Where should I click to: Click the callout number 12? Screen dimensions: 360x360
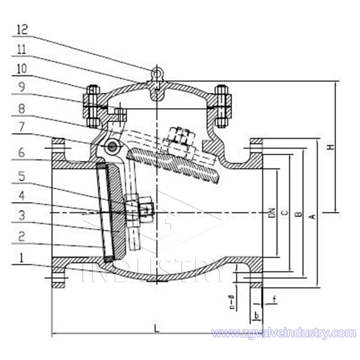[22, 30]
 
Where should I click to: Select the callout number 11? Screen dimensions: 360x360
[22, 49]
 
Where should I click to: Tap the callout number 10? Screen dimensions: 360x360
[22, 69]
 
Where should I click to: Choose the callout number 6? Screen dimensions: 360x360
[22, 153]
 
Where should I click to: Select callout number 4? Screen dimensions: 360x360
[22, 197]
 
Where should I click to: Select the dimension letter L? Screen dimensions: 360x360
[156, 328]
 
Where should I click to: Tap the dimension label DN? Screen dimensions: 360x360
[271, 213]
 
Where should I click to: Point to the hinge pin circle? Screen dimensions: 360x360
[111, 146]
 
